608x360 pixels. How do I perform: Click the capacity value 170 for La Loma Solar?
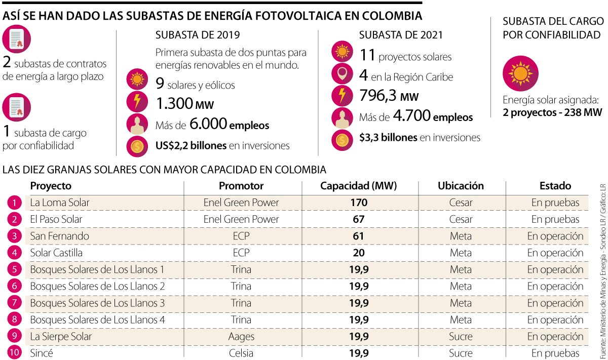[358, 203]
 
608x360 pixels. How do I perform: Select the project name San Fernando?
[59, 236]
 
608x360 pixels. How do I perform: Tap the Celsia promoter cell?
[241, 353]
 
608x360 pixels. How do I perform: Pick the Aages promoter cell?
[241, 337]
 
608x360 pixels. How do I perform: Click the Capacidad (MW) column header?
[358, 186]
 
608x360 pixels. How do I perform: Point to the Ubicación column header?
[461, 186]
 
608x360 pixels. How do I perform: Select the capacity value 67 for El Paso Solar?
[358, 220]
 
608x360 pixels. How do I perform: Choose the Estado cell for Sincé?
[555, 353]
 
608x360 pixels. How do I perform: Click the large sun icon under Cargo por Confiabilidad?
[520, 73]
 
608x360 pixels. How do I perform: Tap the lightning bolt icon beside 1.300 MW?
[137, 101]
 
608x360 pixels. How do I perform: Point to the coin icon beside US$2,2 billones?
[137, 146]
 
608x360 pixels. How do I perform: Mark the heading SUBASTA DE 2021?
[400, 35]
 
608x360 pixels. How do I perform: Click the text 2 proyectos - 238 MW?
[552, 112]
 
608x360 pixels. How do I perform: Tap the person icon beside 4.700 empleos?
[342, 117]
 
